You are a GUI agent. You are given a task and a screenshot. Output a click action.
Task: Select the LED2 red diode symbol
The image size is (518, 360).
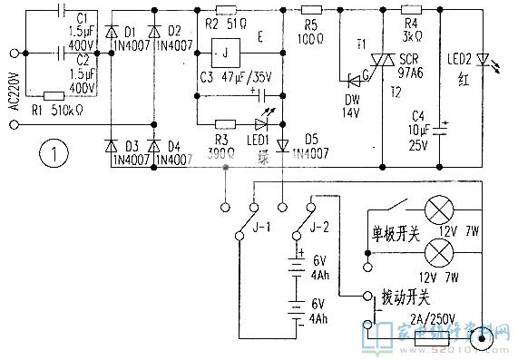pos(482,56)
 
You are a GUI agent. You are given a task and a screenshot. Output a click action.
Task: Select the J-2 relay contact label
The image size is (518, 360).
pos(318,216)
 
